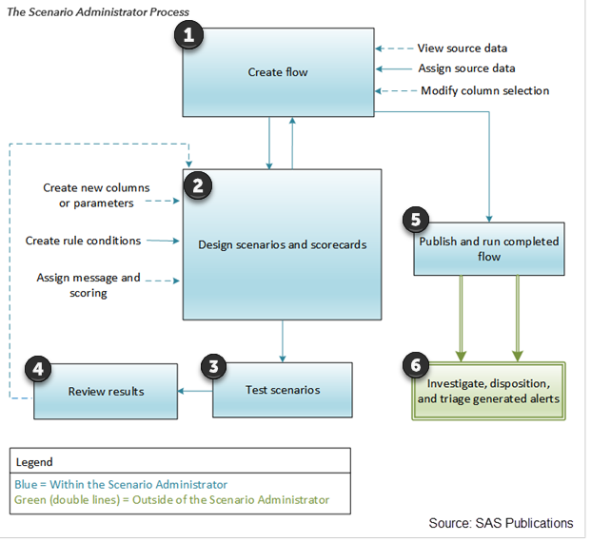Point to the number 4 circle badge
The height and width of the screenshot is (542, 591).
(38, 370)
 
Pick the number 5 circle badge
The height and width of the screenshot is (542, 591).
(412, 219)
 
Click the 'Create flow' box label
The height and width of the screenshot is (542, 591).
(277, 71)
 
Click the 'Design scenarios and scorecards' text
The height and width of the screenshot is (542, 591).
(283, 244)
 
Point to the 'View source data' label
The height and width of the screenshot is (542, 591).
(463, 48)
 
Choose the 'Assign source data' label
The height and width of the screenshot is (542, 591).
(466, 68)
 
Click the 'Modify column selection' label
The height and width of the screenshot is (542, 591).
(485, 90)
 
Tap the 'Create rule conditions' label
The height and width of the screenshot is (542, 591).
(83, 241)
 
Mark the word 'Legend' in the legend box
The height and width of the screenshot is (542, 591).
(36, 462)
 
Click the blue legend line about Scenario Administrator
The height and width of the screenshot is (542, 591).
(122, 484)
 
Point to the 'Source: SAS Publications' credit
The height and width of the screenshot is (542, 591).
(501, 523)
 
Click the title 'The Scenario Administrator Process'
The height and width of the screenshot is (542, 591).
(98, 11)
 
